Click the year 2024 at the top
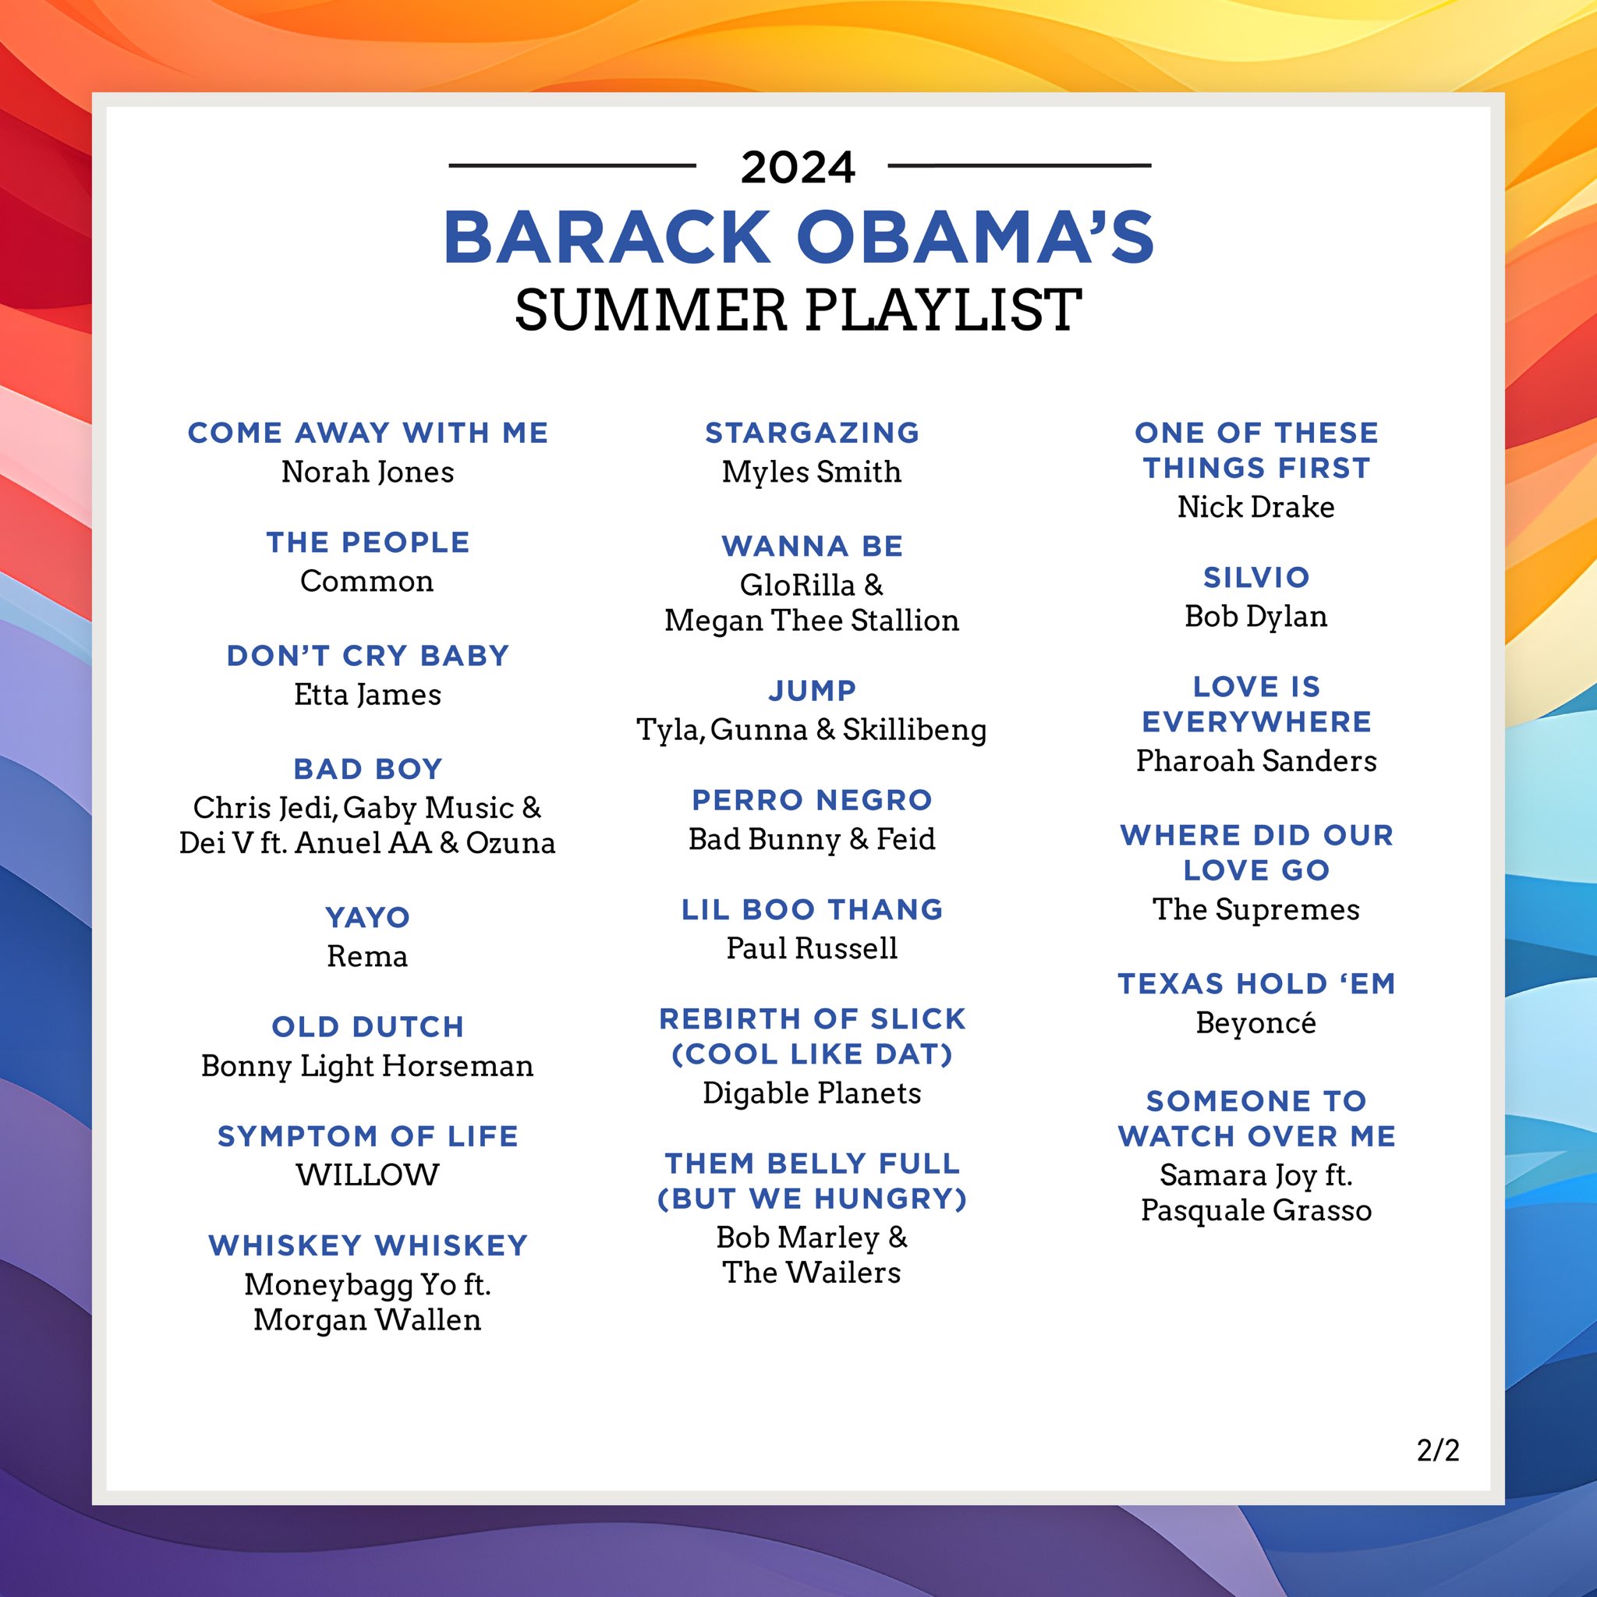[798, 167]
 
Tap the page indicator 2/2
[1437, 1450]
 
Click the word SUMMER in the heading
[650, 310]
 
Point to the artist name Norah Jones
[368, 472]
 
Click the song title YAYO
[368, 917]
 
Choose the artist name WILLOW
[368, 1174]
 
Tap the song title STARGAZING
[812, 432]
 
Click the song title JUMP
[812, 690]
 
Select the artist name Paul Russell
[812, 948]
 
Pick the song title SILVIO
[1256, 577]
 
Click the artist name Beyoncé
[1256, 1022]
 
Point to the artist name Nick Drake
[1256, 507]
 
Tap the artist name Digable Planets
[812, 1092]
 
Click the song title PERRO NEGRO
[812, 799]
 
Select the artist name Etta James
[368, 694]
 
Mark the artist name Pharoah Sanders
[1256, 760]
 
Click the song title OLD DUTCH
[368, 1027]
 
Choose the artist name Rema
[368, 956]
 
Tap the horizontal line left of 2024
[572, 165]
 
